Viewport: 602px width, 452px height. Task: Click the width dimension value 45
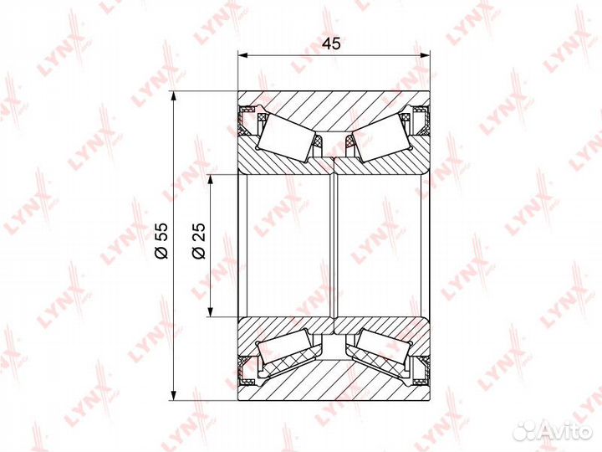pos(331,44)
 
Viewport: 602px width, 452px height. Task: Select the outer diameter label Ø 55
pos(161,241)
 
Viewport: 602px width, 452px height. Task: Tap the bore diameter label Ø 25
pos(199,241)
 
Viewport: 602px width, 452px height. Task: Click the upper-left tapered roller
pos(287,136)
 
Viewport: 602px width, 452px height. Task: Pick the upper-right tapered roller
pos(381,136)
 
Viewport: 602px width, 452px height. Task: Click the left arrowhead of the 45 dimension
pos(242,56)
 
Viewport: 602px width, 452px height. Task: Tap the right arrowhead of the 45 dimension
pos(425,56)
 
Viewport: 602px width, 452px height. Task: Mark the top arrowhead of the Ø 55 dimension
pos(174,96)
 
